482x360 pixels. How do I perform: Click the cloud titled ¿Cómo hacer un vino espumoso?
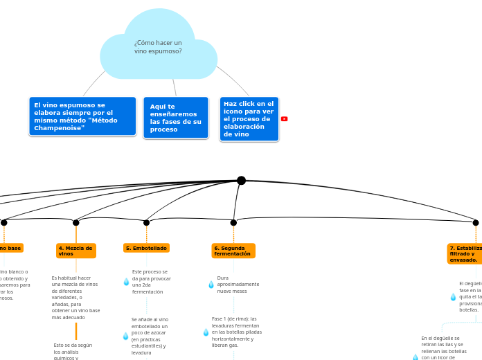159,47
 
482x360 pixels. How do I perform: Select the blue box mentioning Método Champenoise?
82,116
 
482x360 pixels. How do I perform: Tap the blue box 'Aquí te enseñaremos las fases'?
176,118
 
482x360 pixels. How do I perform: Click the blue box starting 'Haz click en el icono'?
249,118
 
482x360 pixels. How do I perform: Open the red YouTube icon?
284,119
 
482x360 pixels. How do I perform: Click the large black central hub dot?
241,181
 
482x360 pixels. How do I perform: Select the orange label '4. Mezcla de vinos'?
75,251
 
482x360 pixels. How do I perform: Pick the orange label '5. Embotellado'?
146,248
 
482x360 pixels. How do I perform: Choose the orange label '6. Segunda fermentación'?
233,251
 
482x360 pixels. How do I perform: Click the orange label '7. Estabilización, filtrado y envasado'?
464,253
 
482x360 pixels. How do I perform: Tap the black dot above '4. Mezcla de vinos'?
76,223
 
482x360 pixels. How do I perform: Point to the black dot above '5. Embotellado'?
146,223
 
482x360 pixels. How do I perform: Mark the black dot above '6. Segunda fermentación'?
233,223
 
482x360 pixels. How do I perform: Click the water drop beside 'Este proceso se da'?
126,282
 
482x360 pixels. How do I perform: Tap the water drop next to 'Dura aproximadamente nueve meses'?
211,285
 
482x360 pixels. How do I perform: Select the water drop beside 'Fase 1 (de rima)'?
206,332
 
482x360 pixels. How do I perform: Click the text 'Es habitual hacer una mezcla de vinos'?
75,298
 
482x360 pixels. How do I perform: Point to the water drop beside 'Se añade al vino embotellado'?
126,336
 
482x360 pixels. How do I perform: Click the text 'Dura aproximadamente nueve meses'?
238,285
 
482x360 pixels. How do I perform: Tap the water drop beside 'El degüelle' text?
453,297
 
